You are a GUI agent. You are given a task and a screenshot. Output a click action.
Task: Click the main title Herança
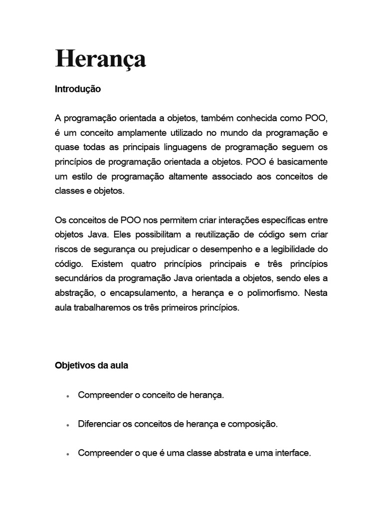tap(100, 59)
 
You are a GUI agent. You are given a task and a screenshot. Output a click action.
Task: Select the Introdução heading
tap(78, 89)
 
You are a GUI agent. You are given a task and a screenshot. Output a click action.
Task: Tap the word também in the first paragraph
tap(217, 118)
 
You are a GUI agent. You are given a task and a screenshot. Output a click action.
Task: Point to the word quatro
tap(158, 263)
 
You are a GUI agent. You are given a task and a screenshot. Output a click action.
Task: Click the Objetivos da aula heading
tap(91, 365)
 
